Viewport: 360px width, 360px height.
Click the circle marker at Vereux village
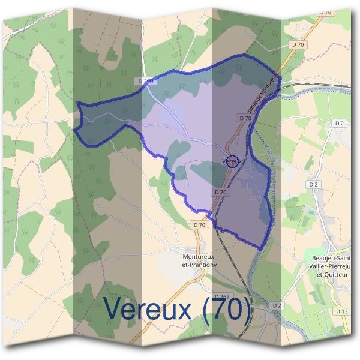[x=234, y=161]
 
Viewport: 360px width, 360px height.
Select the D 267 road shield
[x=222, y=297]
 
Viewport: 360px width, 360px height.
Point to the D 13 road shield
[x=342, y=311]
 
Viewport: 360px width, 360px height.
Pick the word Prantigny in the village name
[x=203, y=264]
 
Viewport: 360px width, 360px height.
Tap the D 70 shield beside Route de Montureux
[x=245, y=118]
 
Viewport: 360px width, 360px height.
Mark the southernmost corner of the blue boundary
[x=259, y=248]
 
